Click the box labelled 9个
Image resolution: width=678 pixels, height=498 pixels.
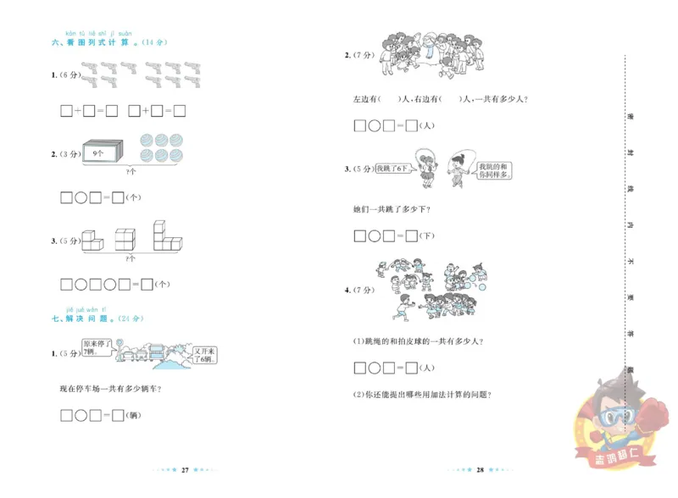pos(101,152)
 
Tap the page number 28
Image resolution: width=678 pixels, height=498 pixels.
pos(480,468)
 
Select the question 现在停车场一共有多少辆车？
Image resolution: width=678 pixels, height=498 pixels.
pos(112,389)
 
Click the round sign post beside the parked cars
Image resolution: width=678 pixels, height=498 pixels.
pos(119,346)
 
